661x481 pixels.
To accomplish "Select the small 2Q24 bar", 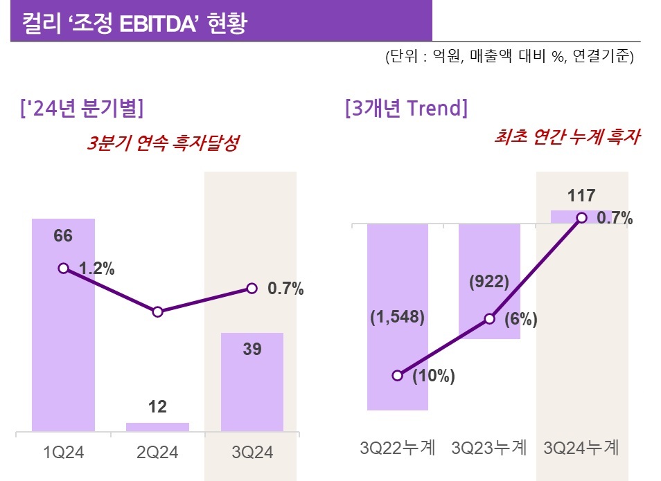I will point(157,427).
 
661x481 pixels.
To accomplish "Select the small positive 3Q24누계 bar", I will point(581,217).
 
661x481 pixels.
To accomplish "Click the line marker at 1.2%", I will point(63,268).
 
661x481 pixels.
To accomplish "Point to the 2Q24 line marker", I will point(157,312).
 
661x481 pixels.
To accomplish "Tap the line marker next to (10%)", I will point(397,375).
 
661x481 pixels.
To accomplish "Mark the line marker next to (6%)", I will point(489,319).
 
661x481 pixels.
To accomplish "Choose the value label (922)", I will point(489,282).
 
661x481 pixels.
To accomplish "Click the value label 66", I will point(63,236).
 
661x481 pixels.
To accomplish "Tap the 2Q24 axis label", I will point(158,453).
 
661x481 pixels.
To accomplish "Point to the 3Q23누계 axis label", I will point(489,448).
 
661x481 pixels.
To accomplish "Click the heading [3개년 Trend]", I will point(406,109).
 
